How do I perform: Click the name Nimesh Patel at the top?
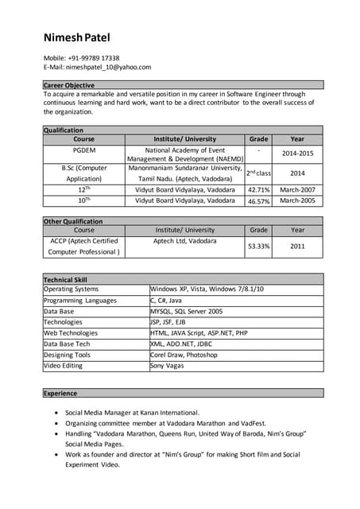77,37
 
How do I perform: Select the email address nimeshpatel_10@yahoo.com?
108,68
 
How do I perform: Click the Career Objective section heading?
69,85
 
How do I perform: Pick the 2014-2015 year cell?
297,153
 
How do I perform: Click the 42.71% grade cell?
258,190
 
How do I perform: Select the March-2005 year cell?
297,201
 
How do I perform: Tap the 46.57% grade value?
258,202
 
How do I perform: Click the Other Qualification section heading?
73,221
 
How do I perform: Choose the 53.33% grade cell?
258,247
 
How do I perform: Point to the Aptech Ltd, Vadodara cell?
184,240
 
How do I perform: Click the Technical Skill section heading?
66,280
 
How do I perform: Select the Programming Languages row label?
80,301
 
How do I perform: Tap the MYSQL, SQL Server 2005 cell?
187,312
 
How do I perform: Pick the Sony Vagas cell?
168,367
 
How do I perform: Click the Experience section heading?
60,393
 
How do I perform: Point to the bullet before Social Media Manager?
54,414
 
